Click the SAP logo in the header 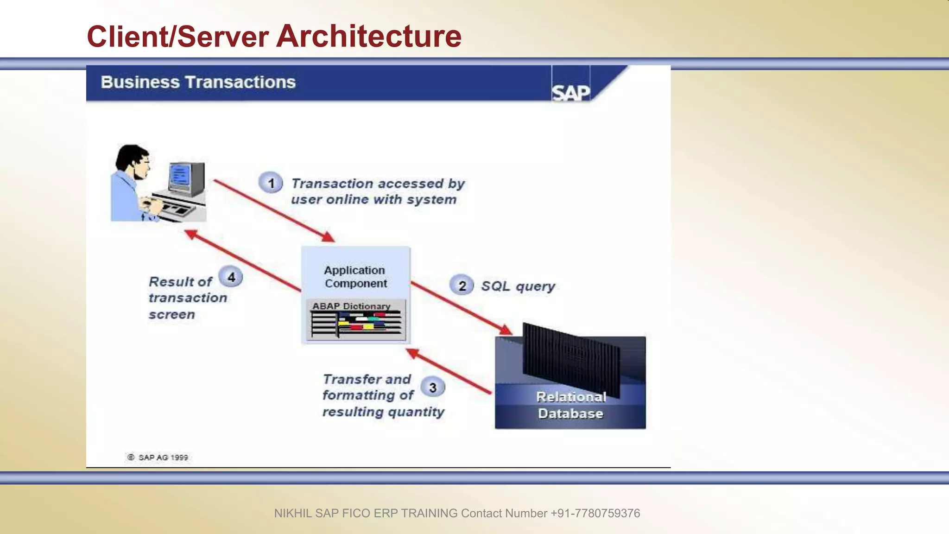click(571, 92)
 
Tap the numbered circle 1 click(271, 183)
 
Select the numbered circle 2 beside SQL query click(462, 285)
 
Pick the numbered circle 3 click(433, 387)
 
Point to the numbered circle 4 click(231, 277)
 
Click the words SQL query click(518, 286)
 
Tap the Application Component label click(355, 277)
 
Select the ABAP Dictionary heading click(351, 306)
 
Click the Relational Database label click(571, 405)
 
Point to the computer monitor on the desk click(186, 178)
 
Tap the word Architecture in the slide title click(369, 36)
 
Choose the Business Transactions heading click(198, 82)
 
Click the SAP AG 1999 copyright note click(158, 458)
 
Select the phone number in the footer click(595, 513)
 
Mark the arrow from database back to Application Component click(449, 372)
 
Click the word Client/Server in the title click(177, 36)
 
